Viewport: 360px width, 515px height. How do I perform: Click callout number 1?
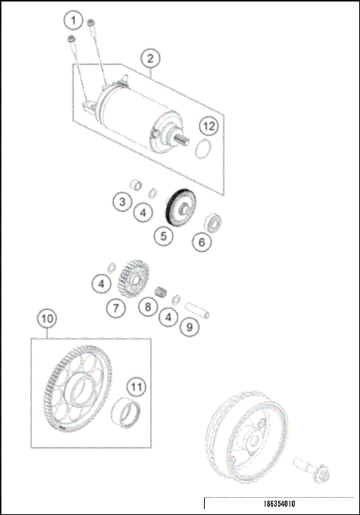coord(73,19)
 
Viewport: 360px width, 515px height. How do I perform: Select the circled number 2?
coord(150,58)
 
